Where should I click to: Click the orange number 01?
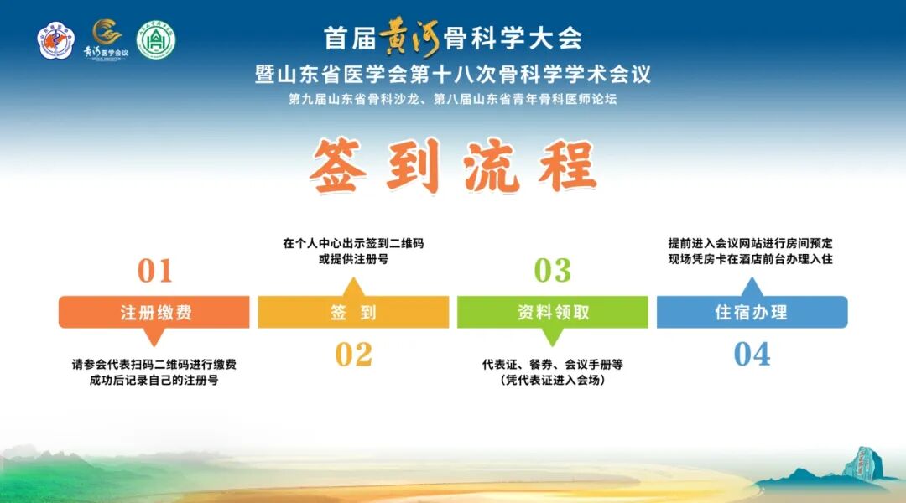click(x=154, y=271)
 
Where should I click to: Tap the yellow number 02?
click(x=353, y=355)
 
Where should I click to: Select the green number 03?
click(x=552, y=271)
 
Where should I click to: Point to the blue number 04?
click(x=751, y=355)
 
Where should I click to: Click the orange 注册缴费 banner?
click(x=154, y=313)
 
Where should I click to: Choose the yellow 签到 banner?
click(x=353, y=313)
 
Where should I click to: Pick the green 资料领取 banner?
click(x=552, y=313)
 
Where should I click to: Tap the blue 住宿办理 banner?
click(x=751, y=313)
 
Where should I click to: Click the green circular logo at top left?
click(x=156, y=40)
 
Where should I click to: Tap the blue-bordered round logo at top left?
click(x=57, y=40)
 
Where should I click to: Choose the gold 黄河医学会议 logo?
click(x=106, y=39)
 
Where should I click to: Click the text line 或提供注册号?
click(x=353, y=260)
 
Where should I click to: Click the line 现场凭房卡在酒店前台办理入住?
click(x=751, y=260)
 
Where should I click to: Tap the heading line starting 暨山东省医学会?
click(x=453, y=74)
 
